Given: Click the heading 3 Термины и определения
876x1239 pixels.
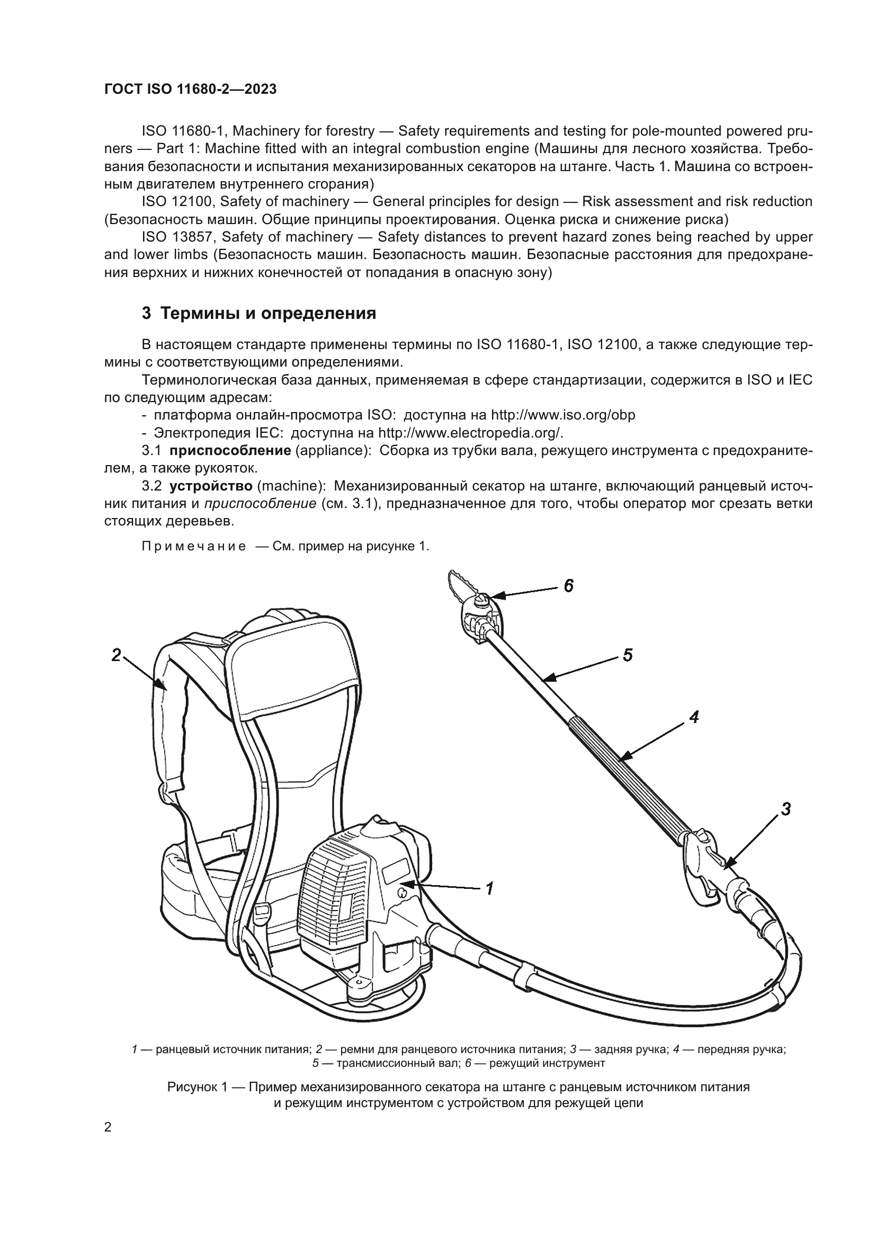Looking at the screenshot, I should (x=259, y=314).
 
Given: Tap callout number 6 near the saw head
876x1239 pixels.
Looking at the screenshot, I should (x=568, y=585).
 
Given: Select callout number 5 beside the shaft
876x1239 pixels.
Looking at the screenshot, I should (x=627, y=656).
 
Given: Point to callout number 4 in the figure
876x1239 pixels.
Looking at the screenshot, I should (x=694, y=717).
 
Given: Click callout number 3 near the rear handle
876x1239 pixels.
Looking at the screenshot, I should (x=786, y=809).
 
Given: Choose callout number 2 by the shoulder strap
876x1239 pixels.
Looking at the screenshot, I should (x=116, y=655).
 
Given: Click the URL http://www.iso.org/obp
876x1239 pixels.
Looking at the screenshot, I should (x=562, y=415).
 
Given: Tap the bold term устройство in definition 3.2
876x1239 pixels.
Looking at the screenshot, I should (x=211, y=486).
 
